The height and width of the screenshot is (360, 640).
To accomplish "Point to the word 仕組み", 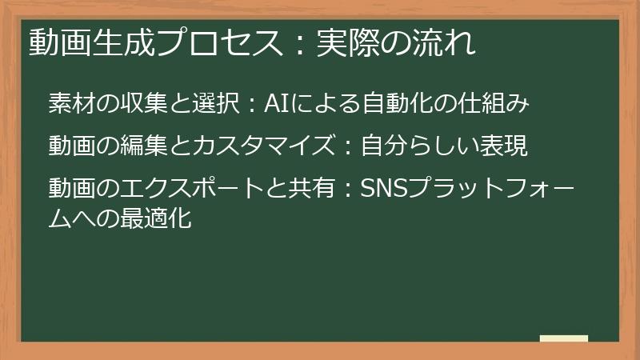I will click(x=495, y=104).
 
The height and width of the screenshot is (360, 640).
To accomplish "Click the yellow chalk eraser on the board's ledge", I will click(x=564, y=339).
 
